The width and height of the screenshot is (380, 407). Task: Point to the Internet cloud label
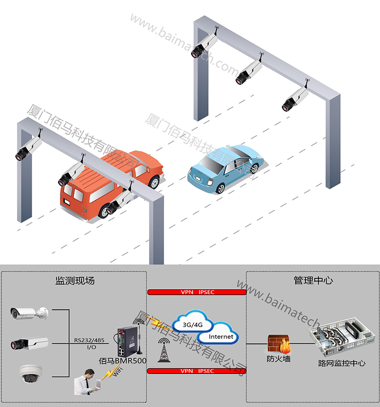point(221,337)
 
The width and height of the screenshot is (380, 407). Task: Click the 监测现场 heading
point(75,281)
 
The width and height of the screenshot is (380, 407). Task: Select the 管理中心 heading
point(313,281)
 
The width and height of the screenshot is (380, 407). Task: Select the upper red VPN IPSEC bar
point(197,292)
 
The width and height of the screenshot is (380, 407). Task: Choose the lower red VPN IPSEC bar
point(197,371)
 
